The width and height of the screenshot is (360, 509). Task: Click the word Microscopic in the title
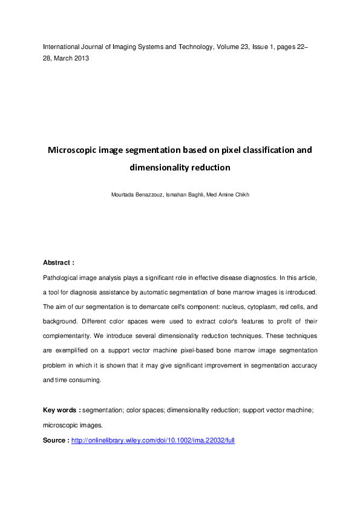[76, 149]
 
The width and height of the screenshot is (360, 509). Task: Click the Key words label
[61, 410]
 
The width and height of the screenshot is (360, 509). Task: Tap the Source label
[56, 440]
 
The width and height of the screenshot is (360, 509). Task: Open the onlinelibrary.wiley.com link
[152, 440]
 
